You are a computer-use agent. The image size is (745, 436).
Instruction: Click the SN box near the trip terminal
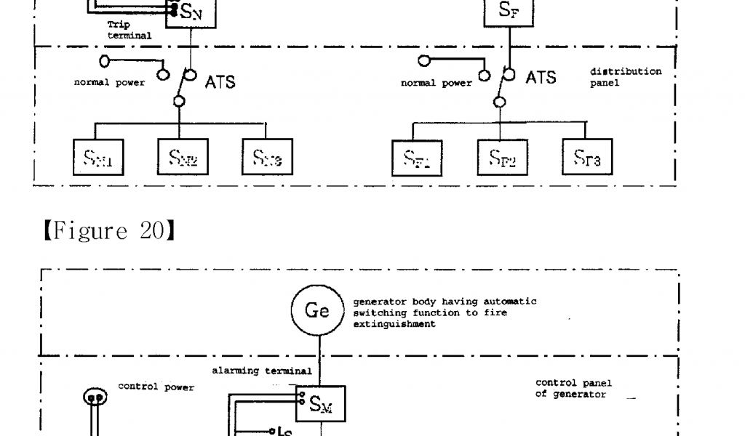click(x=191, y=13)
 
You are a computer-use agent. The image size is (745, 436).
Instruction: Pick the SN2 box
click(x=182, y=156)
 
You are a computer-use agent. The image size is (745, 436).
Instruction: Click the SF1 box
click(x=418, y=157)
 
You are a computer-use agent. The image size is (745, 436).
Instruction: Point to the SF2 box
click(x=503, y=157)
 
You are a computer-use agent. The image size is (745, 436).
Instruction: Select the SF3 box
click(x=587, y=157)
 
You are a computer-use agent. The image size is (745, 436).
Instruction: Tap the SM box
click(x=321, y=404)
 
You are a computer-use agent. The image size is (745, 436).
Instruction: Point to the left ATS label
click(x=220, y=81)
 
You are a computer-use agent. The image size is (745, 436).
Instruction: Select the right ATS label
click(x=541, y=77)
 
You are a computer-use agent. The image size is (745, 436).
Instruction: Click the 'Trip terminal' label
click(x=129, y=30)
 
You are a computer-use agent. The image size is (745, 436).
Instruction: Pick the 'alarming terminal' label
click(x=262, y=371)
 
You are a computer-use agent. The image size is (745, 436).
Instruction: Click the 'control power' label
click(x=156, y=387)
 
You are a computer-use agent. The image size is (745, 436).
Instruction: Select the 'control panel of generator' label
click(x=573, y=388)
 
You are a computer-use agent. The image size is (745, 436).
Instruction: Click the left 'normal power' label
click(x=109, y=82)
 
